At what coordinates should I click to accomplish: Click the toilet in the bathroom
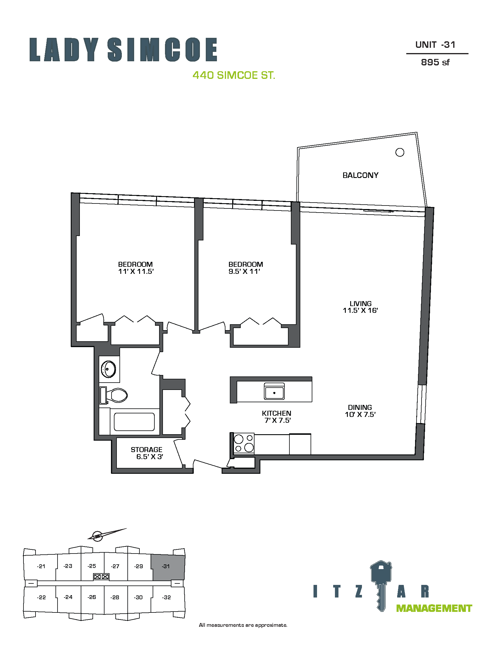tap(114, 395)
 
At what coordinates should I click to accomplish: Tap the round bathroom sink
tap(109, 369)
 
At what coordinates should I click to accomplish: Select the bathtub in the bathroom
tap(134, 422)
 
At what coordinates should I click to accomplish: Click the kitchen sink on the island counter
tap(274, 391)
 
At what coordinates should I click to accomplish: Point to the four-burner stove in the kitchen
tap(244, 444)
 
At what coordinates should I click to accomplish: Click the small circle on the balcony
tap(400, 152)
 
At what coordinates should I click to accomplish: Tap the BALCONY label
tap(360, 175)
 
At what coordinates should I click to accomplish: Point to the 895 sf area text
tap(435, 62)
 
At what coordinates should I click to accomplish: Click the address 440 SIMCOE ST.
tap(234, 75)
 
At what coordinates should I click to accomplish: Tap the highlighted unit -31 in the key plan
tap(168, 567)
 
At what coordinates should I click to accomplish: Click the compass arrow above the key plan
tap(107, 534)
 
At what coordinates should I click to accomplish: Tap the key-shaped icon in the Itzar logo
tap(381, 585)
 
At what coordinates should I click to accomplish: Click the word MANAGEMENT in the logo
tap(434, 608)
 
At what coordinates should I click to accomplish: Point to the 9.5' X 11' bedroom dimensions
tap(244, 271)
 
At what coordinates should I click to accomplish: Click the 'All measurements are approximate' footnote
tap(243, 625)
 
